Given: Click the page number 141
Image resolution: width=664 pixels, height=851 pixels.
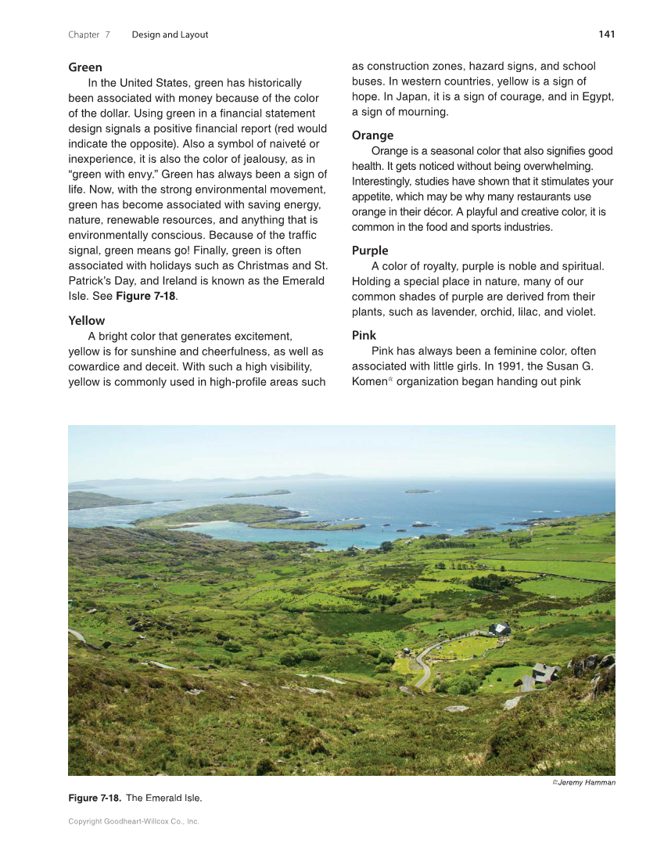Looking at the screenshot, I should [x=606, y=34].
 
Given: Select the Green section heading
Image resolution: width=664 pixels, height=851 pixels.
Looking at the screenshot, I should [x=85, y=67].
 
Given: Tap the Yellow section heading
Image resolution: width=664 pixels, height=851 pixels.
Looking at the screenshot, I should [x=86, y=320].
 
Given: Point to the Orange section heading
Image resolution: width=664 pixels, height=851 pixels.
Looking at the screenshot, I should [x=372, y=135].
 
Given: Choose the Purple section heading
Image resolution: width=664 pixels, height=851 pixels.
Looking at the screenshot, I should [x=370, y=251].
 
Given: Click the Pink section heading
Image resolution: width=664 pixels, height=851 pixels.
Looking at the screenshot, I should [x=364, y=335].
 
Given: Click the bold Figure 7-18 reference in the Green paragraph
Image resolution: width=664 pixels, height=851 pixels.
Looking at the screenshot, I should [x=145, y=297].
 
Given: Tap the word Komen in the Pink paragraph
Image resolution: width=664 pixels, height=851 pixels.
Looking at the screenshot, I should [x=368, y=382].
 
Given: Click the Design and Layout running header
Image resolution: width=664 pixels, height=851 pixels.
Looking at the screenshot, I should [x=170, y=34].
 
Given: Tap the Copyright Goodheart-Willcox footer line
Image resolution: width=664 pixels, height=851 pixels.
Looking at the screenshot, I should [x=134, y=821].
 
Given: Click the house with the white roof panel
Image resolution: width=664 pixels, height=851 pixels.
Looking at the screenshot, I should [x=499, y=629].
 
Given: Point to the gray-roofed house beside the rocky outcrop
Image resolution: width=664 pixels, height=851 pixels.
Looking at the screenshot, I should [x=544, y=673].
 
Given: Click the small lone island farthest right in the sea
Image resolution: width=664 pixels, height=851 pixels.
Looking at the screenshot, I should [x=418, y=491].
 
